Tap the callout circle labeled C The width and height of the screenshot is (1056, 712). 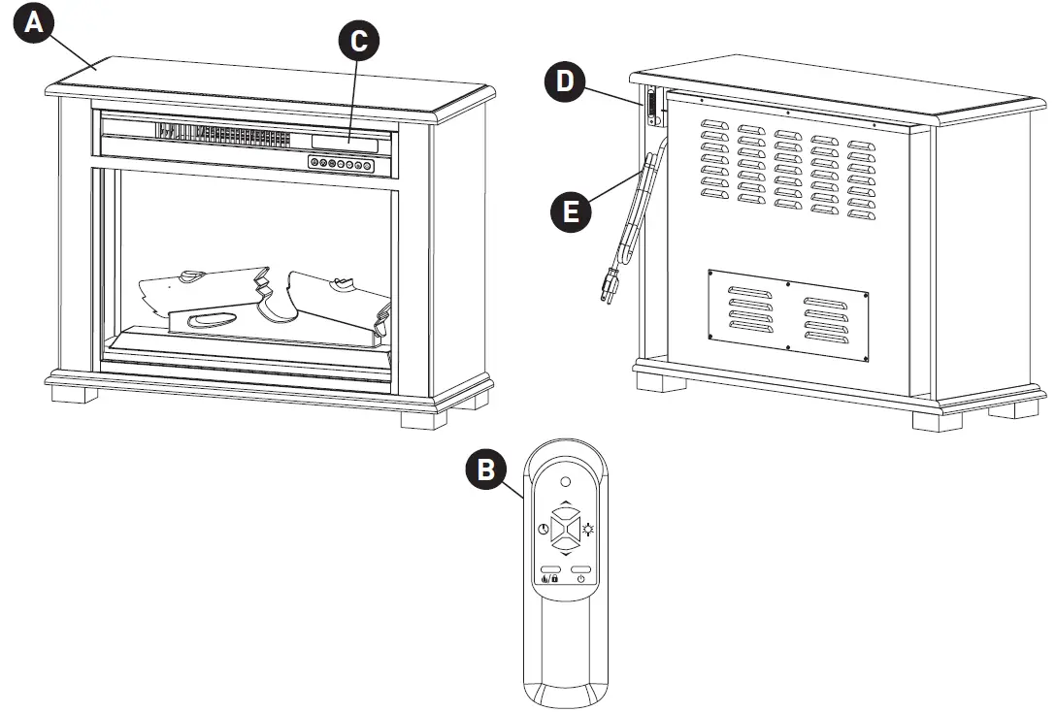click(359, 41)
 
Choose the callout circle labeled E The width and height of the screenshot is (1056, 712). click(573, 209)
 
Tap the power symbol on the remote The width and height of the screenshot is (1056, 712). click(580, 579)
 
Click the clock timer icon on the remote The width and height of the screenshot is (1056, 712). click(543, 531)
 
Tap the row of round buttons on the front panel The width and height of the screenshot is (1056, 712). click(342, 164)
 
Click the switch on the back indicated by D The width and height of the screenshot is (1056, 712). click(651, 107)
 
